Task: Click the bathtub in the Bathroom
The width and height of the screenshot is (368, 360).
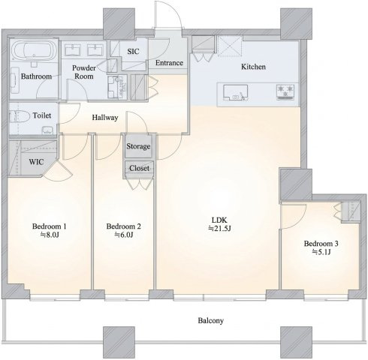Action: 35,51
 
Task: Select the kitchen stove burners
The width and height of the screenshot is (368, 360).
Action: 285,92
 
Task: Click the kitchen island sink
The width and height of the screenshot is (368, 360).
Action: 236,92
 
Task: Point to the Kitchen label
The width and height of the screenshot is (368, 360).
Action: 253,67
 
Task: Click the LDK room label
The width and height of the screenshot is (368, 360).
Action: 219,220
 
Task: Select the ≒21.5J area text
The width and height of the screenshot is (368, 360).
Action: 219,229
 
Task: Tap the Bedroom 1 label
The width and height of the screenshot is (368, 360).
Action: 50,226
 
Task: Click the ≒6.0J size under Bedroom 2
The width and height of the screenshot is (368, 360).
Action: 123,235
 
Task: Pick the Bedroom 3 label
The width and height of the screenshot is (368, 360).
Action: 321,244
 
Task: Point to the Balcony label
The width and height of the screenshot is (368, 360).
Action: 210,321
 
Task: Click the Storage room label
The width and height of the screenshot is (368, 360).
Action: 138,146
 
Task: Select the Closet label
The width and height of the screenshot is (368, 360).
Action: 139,168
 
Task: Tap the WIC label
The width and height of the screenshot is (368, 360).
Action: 36,162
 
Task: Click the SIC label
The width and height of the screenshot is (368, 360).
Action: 133,52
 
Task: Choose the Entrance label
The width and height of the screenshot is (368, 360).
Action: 169,63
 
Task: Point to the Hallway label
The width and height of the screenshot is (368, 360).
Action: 105,118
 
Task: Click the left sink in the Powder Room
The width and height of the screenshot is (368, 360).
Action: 73,49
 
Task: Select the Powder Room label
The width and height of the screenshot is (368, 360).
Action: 84,72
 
